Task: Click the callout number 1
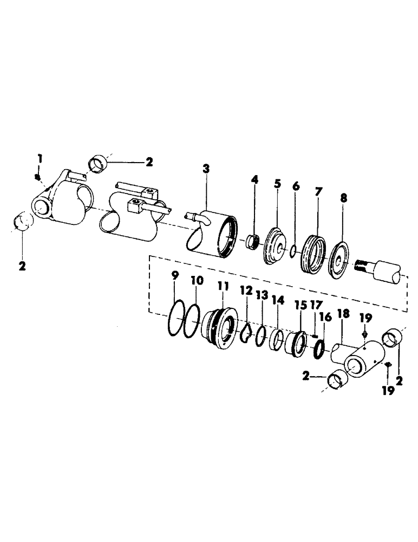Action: tap(39, 159)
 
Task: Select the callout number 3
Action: tap(206, 169)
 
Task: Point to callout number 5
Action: tap(277, 184)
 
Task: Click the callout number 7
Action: tap(318, 192)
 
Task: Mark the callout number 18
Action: tap(342, 315)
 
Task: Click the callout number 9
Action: tap(174, 276)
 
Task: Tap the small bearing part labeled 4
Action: tap(252, 240)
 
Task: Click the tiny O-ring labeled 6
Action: tap(292, 251)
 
